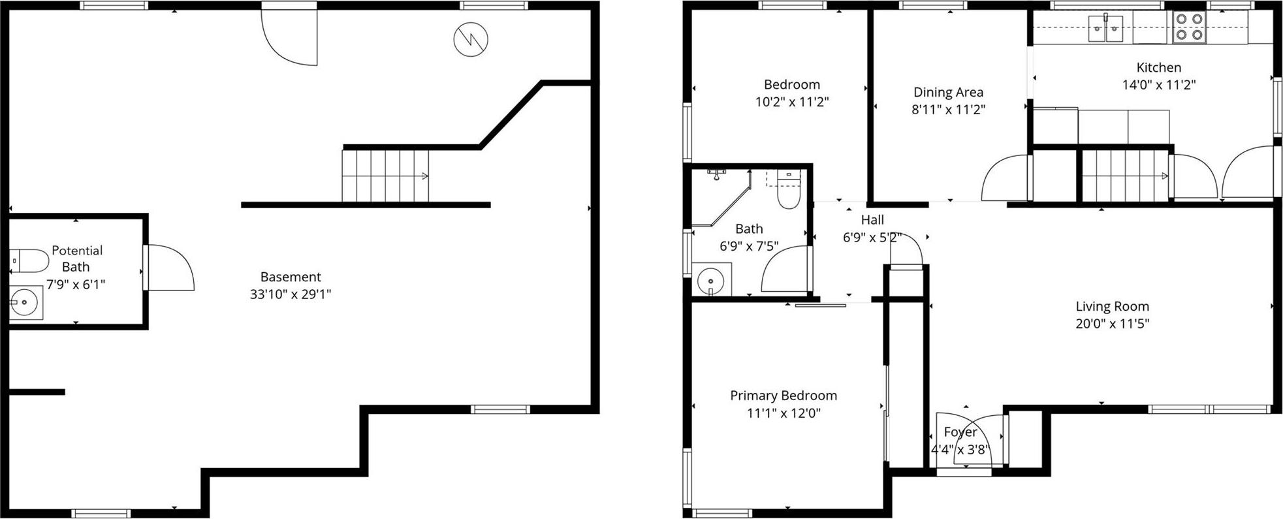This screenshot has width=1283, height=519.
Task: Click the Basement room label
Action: tap(291, 277)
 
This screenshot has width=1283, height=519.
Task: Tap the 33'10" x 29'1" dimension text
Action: tap(291, 294)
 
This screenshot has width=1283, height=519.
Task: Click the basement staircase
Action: tap(385, 176)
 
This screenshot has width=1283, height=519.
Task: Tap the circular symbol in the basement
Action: tap(471, 39)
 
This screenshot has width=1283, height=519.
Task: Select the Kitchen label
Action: tap(1158, 67)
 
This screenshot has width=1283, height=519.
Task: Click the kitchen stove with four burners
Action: tap(1188, 27)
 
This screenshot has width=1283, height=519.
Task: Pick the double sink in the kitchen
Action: tap(1105, 28)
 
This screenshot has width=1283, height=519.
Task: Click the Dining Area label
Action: tap(948, 92)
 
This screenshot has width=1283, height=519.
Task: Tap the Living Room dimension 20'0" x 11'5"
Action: tap(1112, 323)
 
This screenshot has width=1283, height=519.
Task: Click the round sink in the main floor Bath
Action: tap(710, 281)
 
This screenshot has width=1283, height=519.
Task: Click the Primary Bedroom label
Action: tap(783, 395)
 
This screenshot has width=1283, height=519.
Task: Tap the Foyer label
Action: tap(960, 432)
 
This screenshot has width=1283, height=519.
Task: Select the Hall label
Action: tap(872, 220)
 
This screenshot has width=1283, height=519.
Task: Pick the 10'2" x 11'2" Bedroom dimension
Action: tap(791, 102)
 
